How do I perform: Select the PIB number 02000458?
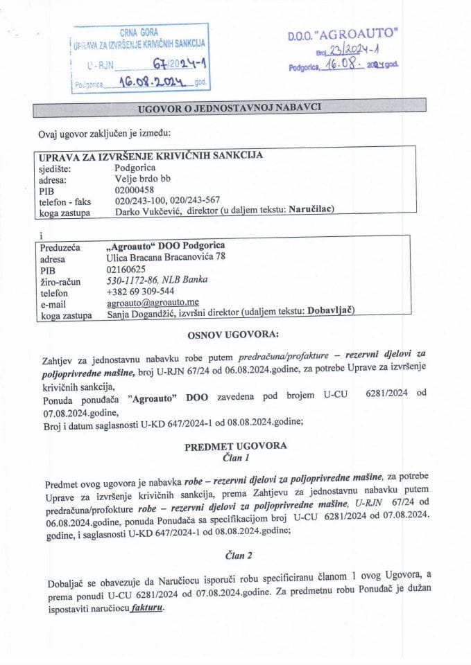(135, 189)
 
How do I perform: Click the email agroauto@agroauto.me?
(153, 303)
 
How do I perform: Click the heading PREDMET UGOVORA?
(235, 447)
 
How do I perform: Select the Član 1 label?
(235, 458)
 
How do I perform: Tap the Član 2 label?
(236, 553)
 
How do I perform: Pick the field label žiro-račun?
(60, 281)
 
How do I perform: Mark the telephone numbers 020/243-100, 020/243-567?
(169, 200)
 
